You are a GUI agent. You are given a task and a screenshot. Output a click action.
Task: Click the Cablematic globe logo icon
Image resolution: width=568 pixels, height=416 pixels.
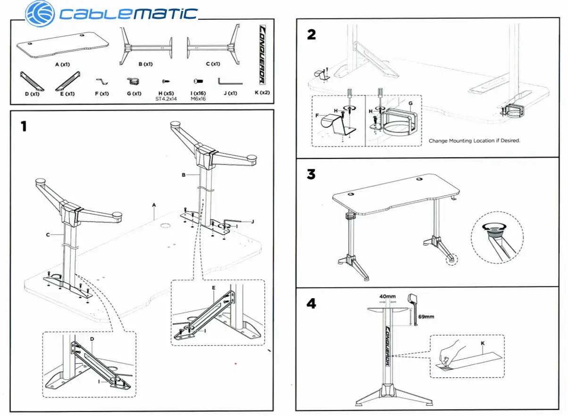pyautogui.click(x=40, y=13)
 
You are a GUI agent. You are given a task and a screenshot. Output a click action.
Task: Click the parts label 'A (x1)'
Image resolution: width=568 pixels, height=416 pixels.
pyautogui.click(x=62, y=65)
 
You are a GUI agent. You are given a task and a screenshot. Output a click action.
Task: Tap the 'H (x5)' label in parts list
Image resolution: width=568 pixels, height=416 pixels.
pyautogui.click(x=166, y=93)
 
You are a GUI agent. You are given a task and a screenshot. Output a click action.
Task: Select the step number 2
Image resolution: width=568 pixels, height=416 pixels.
pyautogui.click(x=311, y=34)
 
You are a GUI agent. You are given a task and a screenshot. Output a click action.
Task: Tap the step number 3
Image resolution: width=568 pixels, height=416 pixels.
pyautogui.click(x=311, y=174)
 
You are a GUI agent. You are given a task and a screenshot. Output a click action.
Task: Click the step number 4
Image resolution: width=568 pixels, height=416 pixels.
pyautogui.click(x=311, y=303)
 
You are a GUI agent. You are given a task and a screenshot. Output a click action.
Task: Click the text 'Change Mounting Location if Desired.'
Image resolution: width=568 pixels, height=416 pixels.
pyautogui.click(x=474, y=141)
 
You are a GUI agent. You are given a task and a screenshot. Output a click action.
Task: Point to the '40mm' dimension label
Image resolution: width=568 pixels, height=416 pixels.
pyautogui.click(x=388, y=296)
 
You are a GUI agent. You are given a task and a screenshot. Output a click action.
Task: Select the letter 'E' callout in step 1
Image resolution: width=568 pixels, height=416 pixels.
pyautogui.click(x=214, y=287)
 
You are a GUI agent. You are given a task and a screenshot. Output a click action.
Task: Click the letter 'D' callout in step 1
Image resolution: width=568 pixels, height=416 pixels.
pyautogui.click(x=92, y=339)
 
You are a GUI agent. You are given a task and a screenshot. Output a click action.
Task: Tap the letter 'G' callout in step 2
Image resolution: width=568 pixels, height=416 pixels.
pyautogui.click(x=410, y=103)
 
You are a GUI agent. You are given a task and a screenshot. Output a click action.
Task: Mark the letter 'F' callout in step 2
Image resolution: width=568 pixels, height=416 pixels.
pyautogui.click(x=318, y=114)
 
